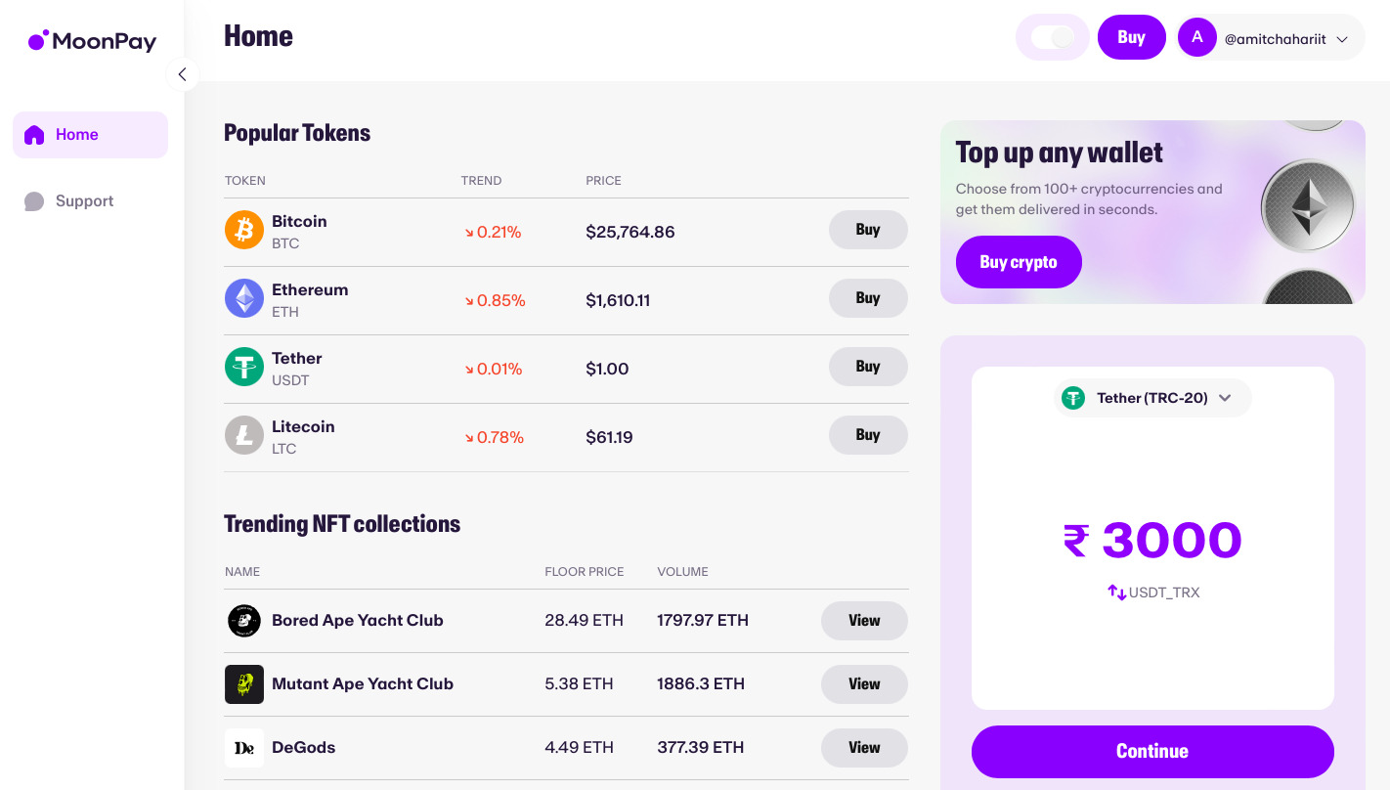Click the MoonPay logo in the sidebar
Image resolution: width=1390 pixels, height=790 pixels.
92,41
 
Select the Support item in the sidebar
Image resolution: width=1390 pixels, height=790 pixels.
83,201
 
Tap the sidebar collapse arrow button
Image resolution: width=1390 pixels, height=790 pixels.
182,74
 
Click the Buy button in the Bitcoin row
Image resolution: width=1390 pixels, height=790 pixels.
867,230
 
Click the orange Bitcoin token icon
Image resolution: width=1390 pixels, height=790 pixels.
244,231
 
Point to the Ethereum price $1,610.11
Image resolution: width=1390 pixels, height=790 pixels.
618,300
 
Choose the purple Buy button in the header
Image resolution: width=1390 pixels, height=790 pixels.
1131,38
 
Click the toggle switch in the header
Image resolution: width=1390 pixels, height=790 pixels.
1052,38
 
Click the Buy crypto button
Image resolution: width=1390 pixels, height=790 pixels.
1019,262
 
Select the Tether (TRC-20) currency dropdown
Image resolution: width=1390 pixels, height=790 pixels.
1152,398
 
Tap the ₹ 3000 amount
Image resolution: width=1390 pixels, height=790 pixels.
1152,540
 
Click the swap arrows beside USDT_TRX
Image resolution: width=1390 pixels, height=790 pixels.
1116,592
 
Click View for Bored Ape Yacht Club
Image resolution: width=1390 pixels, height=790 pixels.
863,621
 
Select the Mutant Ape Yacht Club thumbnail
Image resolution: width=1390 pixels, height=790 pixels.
244,684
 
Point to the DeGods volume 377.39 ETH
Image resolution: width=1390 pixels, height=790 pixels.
700,748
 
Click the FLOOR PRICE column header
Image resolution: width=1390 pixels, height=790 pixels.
584,572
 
